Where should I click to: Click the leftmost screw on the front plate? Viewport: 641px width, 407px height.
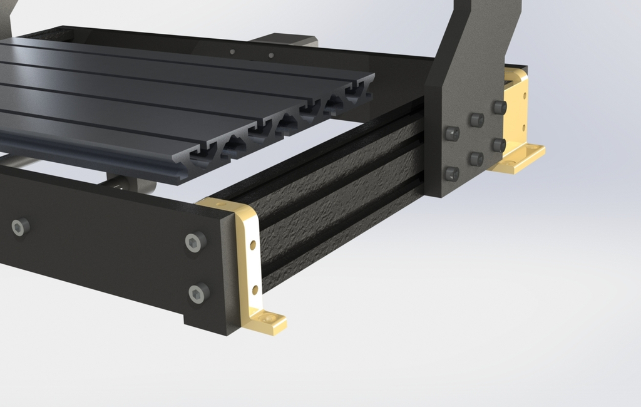[x=20, y=227]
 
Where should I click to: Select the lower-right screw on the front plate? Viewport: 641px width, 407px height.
[x=198, y=292]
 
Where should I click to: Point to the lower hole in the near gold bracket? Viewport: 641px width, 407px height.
[x=255, y=289]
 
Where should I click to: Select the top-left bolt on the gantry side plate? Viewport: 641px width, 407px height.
[x=452, y=133]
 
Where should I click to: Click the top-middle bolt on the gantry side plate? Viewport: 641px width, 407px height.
[x=476, y=120]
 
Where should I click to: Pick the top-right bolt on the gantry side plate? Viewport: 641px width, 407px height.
[x=499, y=107]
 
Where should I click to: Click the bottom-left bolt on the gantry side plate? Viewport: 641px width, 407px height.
[x=451, y=173]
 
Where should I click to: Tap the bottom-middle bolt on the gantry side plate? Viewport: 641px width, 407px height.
[x=476, y=159]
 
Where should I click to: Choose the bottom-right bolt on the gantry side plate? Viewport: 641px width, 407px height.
[x=498, y=145]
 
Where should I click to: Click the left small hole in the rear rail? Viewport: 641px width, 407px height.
[x=232, y=51]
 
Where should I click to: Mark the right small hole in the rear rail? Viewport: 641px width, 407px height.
[x=271, y=55]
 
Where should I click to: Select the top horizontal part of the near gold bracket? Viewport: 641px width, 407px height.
[x=222, y=205]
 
